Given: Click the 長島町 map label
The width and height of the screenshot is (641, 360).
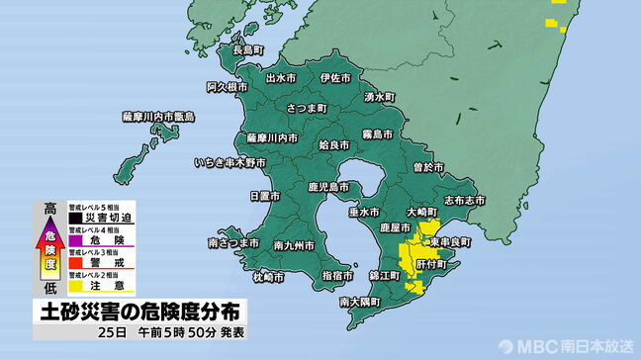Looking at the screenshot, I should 246,49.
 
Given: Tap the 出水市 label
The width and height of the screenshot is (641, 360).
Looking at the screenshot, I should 282,76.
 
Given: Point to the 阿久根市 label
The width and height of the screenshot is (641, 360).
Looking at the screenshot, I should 227,88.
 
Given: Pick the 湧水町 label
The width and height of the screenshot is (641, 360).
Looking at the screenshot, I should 379,97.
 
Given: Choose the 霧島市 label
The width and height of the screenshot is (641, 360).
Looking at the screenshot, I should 377,134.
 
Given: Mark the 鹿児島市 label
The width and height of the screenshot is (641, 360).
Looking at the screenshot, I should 325,186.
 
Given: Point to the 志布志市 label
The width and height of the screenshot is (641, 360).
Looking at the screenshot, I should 464,200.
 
